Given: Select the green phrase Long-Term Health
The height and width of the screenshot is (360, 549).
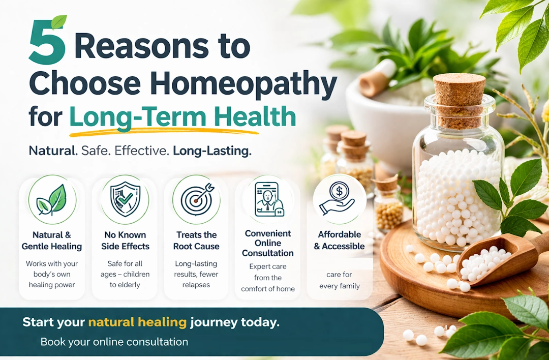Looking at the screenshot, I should tap(182, 116).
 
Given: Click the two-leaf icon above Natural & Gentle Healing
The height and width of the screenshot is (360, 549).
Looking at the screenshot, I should tap(52, 200).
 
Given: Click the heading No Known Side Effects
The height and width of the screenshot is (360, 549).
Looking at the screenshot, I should tap(125, 241).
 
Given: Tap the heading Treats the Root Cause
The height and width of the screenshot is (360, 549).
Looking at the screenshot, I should tap(196, 241).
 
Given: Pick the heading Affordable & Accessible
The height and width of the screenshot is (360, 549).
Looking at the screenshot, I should tap(339, 240).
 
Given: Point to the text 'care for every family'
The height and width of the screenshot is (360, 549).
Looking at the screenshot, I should tap(339, 280).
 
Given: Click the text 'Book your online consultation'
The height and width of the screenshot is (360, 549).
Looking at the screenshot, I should tap(114, 342).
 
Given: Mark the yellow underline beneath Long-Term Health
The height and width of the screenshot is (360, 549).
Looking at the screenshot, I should tap(163, 133).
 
